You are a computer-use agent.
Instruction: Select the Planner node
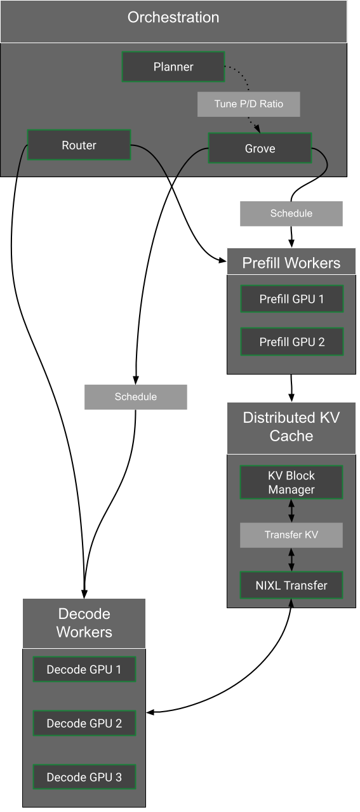[x=173, y=67]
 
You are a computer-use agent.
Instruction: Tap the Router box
[x=79, y=145]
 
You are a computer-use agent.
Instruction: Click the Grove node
[x=260, y=148]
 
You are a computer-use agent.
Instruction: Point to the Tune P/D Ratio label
[x=248, y=104]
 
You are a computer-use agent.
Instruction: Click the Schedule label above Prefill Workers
[x=291, y=213]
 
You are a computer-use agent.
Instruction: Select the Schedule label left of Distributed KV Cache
[x=135, y=397]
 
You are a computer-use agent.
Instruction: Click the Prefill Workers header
[x=291, y=262]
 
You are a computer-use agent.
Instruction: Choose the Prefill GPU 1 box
[x=291, y=299]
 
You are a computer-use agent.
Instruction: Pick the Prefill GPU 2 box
[x=291, y=342]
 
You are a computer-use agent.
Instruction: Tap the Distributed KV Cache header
[x=291, y=427]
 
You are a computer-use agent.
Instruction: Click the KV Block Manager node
[x=291, y=483]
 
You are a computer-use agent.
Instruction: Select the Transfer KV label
[x=291, y=535]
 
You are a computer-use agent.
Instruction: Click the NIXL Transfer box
[x=291, y=585]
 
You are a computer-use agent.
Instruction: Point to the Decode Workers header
[x=84, y=623]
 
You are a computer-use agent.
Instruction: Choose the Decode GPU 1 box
[x=84, y=670]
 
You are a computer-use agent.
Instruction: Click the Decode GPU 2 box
[x=84, y=723]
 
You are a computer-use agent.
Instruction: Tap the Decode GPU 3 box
[x=84, y=777]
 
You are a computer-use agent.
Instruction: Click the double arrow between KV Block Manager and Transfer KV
[x=291, y=510]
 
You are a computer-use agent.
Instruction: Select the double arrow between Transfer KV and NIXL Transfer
[x=291, y=559]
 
